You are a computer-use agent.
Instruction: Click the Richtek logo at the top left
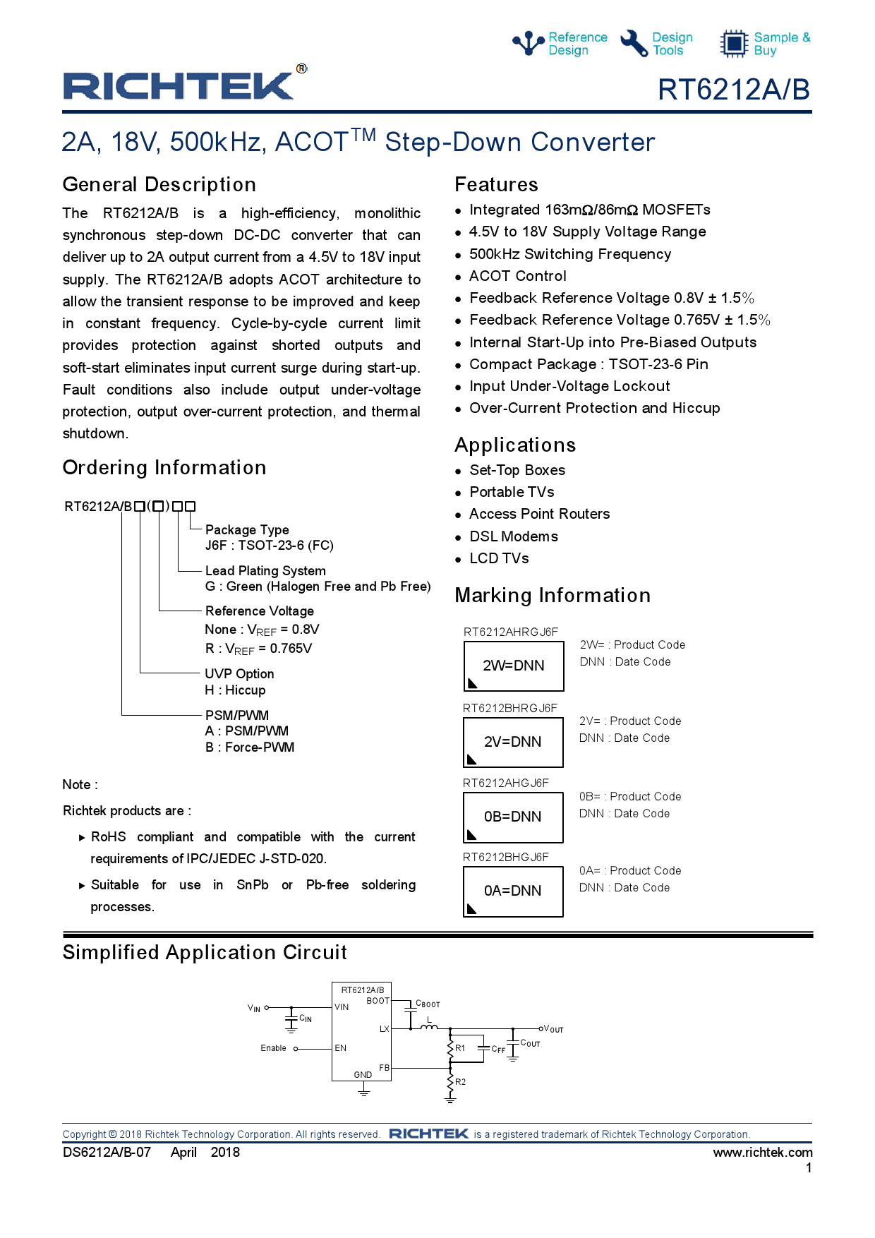click(179, 86)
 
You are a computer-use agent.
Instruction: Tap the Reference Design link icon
click(528, 43)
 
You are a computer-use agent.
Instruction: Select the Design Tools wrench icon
click(634, 43)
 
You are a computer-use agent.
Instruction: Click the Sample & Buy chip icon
click(734, 43)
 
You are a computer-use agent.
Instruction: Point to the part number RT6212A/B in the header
click(733, 90)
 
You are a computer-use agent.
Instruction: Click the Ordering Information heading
click(164, 467)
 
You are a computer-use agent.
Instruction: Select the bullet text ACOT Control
click(517, 276)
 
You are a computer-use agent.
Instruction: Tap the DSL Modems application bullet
click(513, 536)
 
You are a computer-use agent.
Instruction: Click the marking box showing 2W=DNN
click(513, 666)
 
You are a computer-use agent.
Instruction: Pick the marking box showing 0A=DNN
click(512, 891)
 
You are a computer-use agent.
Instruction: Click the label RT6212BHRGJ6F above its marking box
click(509, 708)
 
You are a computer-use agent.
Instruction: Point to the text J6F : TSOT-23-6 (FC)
click(269, 546)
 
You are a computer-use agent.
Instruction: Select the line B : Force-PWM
click(250, 747)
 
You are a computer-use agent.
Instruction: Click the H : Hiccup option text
click(235, 690)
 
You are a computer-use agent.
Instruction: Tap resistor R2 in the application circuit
click(451, 1082)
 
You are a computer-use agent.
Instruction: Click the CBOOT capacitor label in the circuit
click(428, 1004)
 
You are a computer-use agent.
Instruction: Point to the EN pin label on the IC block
click(341, 1048)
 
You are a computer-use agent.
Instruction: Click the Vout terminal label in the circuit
click(553, 1029)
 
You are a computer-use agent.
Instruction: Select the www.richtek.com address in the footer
click(762, 1153)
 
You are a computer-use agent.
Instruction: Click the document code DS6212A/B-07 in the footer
click(107, 1153)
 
